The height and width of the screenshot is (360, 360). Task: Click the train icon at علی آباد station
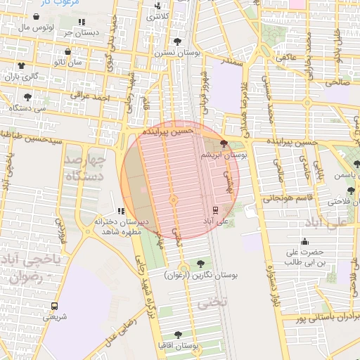(x=216, y=209)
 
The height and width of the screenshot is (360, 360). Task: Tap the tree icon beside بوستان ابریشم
(x=224, y=143)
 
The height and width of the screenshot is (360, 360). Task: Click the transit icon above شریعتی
(x=55, y=306)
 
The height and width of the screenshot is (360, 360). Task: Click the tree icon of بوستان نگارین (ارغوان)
(x=201, y=264)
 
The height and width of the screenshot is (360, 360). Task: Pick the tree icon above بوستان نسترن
(x=186, y=41)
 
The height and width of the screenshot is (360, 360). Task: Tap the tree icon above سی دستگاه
(x=27, y=97)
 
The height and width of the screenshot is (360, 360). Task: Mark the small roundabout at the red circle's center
(x=174, y=200)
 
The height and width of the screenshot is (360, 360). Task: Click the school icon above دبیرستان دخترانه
(x=121, y=210)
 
